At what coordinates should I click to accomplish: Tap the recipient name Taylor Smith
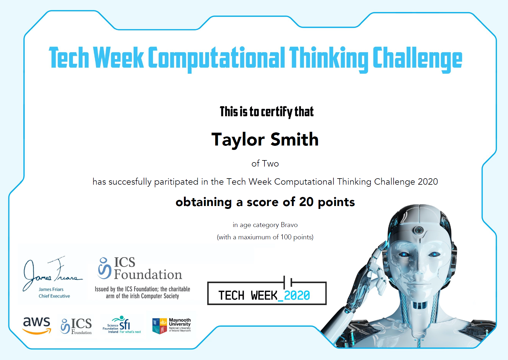265,139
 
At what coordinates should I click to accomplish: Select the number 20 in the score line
306,202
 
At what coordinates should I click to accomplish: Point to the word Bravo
289,225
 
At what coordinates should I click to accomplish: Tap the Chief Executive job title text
54,296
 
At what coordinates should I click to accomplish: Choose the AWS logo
37,326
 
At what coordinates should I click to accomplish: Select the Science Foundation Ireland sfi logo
122,325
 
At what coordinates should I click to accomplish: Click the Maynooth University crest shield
160,326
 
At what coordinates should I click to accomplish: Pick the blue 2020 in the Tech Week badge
297,295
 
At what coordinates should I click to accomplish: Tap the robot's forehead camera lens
419,230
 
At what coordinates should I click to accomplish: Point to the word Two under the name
270,163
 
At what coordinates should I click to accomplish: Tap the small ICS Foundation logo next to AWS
76,326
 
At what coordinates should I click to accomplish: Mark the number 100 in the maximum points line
286,237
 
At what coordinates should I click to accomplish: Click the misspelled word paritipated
176,182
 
